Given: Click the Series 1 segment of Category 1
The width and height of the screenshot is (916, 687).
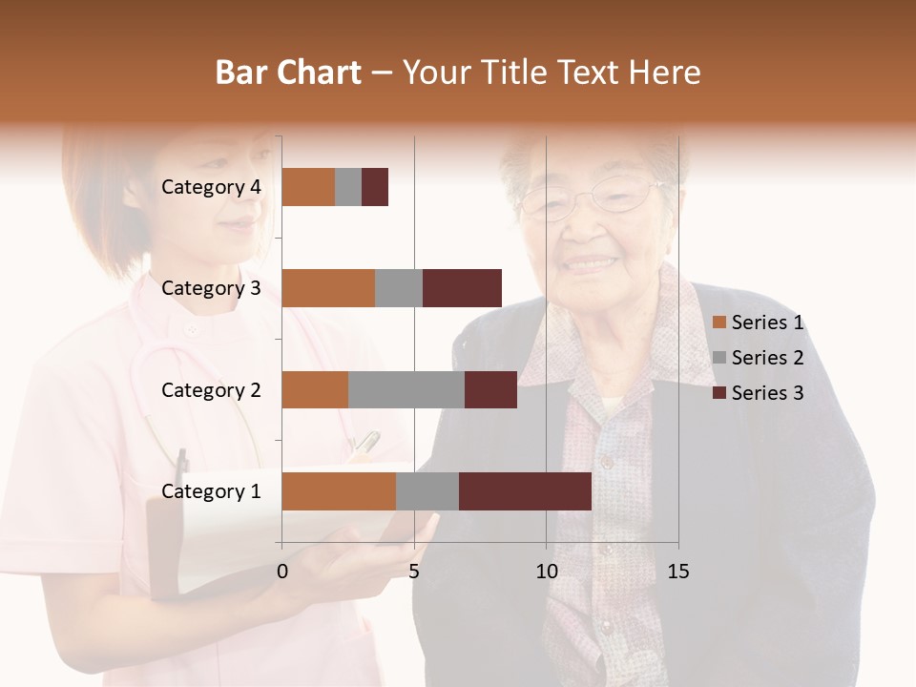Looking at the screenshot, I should click(339, 491).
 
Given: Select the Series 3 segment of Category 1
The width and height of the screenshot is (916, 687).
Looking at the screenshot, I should click(525, 491).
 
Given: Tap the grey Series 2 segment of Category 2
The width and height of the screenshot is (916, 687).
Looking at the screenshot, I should click(406, 389).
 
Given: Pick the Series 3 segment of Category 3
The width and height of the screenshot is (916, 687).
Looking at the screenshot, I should click(462, 288).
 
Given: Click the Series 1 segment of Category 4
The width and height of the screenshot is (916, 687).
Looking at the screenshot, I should click(308, 187).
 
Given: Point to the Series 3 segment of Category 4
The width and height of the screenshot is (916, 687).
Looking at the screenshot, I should click(375, 187).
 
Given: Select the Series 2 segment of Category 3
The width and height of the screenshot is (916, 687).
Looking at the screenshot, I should click(399, 288).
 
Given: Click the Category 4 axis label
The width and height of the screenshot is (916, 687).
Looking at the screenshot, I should click(211, 187).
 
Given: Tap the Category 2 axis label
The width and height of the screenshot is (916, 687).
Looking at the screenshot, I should click(211, 389).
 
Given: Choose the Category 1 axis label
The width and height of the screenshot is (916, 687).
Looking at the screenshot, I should click(211, 491).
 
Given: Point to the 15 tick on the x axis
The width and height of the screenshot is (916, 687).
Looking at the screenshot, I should click(677, 572).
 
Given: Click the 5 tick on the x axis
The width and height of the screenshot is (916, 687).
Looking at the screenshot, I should click(414, 572).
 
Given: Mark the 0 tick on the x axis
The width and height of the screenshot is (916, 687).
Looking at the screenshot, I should click(282, 572).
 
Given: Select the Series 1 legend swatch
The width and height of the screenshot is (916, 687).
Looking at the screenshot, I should click(719, 323).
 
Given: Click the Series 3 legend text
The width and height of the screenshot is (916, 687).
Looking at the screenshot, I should click(768, 393).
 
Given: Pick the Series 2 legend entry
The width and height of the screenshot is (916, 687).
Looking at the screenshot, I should click(760, 358).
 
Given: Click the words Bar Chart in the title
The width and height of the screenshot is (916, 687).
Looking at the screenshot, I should click(288, 73).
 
